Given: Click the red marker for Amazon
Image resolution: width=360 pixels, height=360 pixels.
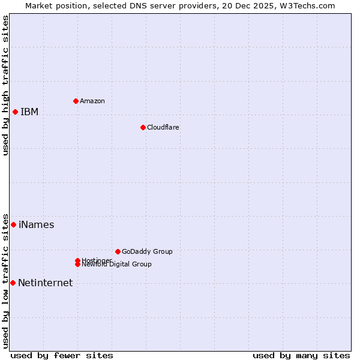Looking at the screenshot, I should (76, 101).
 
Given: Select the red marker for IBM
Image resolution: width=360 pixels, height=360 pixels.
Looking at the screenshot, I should (15, 112).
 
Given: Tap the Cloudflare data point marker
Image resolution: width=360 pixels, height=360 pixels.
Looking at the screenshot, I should (143, 127).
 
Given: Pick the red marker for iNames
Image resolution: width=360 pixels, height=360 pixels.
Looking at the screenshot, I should (13, 224).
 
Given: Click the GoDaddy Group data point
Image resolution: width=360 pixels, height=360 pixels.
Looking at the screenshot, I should (118, 251).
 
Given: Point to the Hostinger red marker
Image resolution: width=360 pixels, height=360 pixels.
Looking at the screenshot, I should (77, 260).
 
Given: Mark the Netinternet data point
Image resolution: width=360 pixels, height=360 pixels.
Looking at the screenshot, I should (13, 283).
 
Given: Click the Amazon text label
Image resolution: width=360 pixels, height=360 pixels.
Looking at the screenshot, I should (92, 101).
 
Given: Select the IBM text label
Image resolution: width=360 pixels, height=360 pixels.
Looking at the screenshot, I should (29, 112).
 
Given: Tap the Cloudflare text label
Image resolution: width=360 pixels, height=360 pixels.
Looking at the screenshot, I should (163, 127).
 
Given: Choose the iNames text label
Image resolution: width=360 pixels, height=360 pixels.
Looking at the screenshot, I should (37, 225).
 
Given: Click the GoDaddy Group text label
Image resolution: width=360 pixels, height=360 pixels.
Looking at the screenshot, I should (147, 251).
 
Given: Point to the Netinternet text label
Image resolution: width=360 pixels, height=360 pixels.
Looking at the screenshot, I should (46, 283).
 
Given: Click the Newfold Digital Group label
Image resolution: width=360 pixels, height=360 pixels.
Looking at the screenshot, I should (117, 265).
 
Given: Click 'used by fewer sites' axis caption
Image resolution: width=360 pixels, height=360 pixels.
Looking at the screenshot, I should (62, 355).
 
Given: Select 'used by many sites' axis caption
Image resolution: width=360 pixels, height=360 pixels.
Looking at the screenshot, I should (301, 355).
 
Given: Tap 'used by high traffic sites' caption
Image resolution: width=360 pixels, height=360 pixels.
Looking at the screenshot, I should (5, 85).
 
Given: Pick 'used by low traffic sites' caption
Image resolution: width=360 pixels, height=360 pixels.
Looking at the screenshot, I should (5, 281).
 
